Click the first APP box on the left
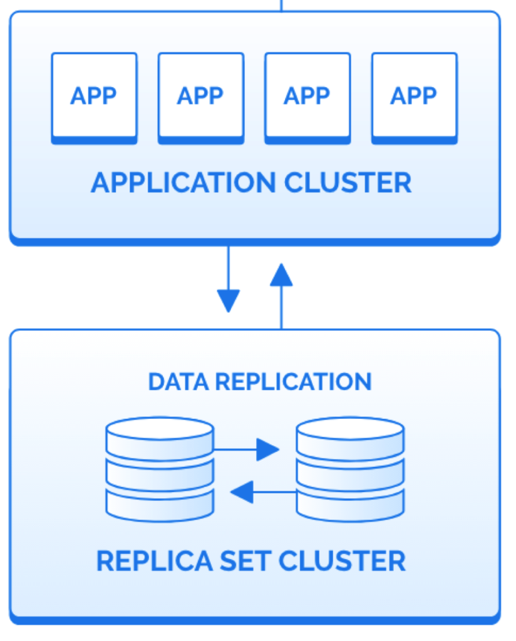point(94,98)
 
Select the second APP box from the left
point(200,98)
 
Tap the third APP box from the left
point(307,98)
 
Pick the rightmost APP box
point(414,98)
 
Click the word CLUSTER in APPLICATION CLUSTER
point(348,183)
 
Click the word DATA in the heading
point(172,382)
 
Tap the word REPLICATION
point(286,382)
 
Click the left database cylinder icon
point(160,469)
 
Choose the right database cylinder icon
point(350,469)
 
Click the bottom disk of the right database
point(350,505)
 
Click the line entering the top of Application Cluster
point(281,5)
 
